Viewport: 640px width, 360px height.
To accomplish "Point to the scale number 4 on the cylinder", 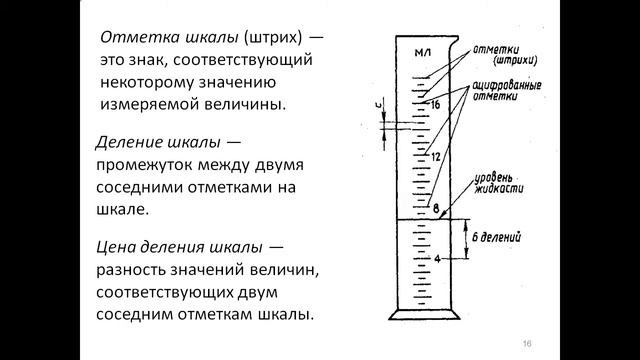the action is pos(436,260).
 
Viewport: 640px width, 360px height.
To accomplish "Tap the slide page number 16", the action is pos(526,343).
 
